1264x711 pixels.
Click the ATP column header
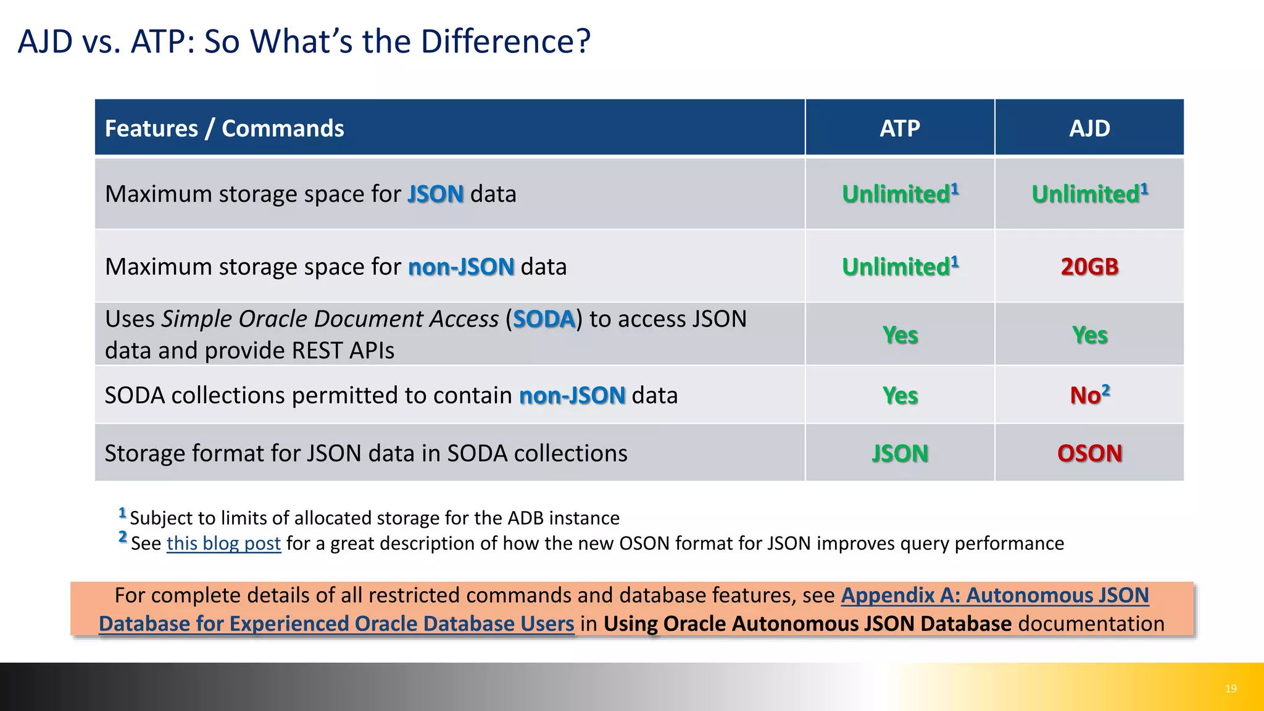click(x=899, y=128)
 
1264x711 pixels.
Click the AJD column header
click(x=1089, y=128)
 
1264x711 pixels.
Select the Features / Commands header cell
click(x=225, y=128)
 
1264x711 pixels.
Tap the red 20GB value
click(x=1089, y=267)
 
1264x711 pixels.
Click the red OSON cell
click(x=1089, y=453)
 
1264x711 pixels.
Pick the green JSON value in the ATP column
click(x=899, y=453)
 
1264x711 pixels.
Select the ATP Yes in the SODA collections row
click(x=899, y=395)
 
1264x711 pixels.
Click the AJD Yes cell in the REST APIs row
click(x=1089, y=335)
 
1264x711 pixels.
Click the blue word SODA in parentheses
click(x=544, y=319)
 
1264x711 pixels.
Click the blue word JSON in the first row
click(x=435, y=194)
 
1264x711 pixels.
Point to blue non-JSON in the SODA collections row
click(x=572, y=395)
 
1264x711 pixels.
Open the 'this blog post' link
click(x=223, y=543)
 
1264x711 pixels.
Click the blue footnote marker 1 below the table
click(x=122, y=512)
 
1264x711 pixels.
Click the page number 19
click(x=1230, y=688)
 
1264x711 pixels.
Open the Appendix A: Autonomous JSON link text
click(x=994, y=595)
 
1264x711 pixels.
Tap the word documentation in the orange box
click(x=1091, y=623)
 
